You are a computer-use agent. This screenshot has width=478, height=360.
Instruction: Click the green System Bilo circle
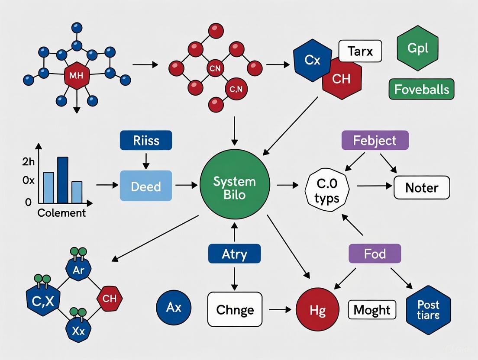coord(235,188)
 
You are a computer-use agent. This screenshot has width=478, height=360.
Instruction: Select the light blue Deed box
coord(145,186)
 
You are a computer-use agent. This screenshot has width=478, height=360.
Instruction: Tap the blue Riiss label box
coord(145,140)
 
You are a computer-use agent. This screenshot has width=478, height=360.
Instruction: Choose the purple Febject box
coord(375,141)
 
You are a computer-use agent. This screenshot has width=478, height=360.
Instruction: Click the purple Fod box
coord(375,253)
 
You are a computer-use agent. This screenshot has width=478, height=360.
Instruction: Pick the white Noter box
coord(421,188)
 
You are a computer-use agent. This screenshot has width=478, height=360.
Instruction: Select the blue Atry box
coord(234,254)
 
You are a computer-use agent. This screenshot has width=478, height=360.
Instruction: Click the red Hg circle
coord(317,310)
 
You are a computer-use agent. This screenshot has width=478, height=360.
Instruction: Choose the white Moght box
coord(372,310)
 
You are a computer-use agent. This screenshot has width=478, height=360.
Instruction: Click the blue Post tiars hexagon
coord(428,310)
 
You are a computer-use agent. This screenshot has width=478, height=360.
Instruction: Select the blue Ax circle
coord(174,308)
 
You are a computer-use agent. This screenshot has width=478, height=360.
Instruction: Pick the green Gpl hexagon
coord(417,48)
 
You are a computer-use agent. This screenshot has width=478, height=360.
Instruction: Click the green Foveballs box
coord(421,90)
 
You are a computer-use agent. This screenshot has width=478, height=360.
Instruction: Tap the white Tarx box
coord(360,51)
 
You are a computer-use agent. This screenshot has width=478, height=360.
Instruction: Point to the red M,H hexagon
coord(76,77)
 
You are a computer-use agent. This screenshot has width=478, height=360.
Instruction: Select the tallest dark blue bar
coord(63,180)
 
